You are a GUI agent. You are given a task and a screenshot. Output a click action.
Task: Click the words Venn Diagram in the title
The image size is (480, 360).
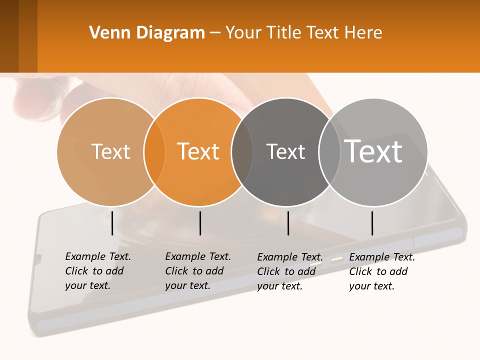(x=147, y=33)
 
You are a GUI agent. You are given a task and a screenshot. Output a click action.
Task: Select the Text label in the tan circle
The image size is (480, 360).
(x=110, y=151)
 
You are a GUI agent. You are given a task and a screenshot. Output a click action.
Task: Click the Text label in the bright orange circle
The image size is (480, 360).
(x=198, y=151)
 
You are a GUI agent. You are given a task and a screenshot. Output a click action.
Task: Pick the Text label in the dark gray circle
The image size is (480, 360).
(x=285, y=151)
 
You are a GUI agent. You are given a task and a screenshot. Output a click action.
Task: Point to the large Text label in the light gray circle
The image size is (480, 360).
(x=373, y=151)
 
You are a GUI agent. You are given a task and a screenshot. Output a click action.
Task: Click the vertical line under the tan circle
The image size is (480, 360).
(x=112, y=223)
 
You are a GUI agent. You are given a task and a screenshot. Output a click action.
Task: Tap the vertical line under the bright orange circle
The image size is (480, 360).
(x=200, y=223)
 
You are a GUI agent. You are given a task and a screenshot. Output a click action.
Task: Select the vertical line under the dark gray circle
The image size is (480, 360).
(x=288, y=223)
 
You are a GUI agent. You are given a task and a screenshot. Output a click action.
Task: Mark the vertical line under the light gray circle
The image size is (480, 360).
(x=372, y=223)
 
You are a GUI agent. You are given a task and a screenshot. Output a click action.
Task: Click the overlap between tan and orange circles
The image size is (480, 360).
(x=154, y=152)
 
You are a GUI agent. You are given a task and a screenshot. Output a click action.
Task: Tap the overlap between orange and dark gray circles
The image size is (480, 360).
(x=242, y=152)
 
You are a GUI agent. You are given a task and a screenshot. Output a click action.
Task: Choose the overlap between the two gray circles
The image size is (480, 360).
(x=327, y=152)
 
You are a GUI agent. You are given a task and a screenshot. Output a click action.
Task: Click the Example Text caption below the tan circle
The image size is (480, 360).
(x=98, y=271)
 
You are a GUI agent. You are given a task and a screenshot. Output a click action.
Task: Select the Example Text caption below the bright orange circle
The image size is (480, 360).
(x=198, y=271)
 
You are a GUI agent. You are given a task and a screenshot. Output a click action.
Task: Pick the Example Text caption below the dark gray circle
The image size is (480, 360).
(x=290, y=271)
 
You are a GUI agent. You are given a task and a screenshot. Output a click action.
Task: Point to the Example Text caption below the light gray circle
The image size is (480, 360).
(x=382, y=271)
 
